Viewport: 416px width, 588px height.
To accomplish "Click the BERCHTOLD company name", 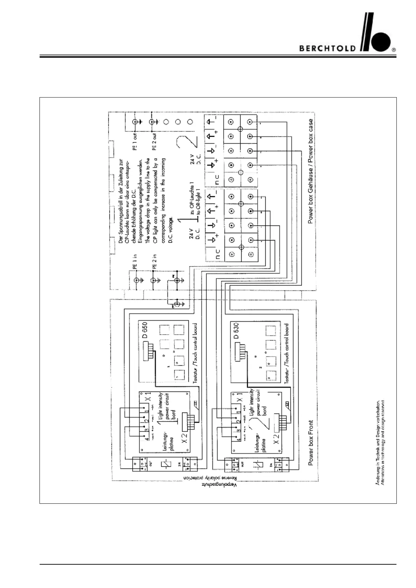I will coord(327,49).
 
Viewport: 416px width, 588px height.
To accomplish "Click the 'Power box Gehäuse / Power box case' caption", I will coord(310,171).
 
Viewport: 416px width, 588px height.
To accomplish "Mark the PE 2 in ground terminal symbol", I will coord(153,280).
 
